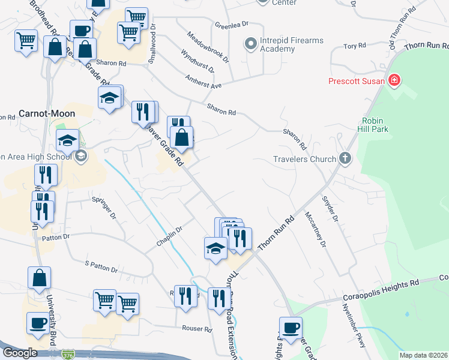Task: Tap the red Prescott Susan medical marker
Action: tap(394, 80)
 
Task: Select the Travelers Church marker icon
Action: tap(345, 159)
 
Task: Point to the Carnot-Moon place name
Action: tap(47, 113)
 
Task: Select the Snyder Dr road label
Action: tap(331, 209)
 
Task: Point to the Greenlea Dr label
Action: tap(232, 25)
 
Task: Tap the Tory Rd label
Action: tap(355, 46)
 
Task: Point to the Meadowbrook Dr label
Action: tap(208, 47)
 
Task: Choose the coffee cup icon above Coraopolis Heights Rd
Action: tap(292, 328)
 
